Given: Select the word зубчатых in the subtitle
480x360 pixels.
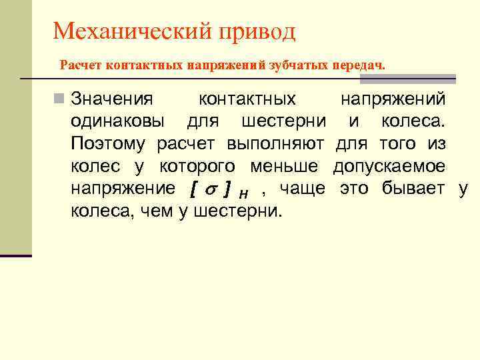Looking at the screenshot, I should pyautogui.click(x=295, y=65).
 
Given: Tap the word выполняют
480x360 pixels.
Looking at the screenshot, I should pyautogui.click(x=275, y=144).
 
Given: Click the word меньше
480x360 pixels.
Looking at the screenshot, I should pyautogui.click(x=291, y=167).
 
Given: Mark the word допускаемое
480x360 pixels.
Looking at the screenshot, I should pyautogui.click(x=389, y=167).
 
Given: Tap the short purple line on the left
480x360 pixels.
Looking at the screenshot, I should pyautogui.click(x=16, y=255).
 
